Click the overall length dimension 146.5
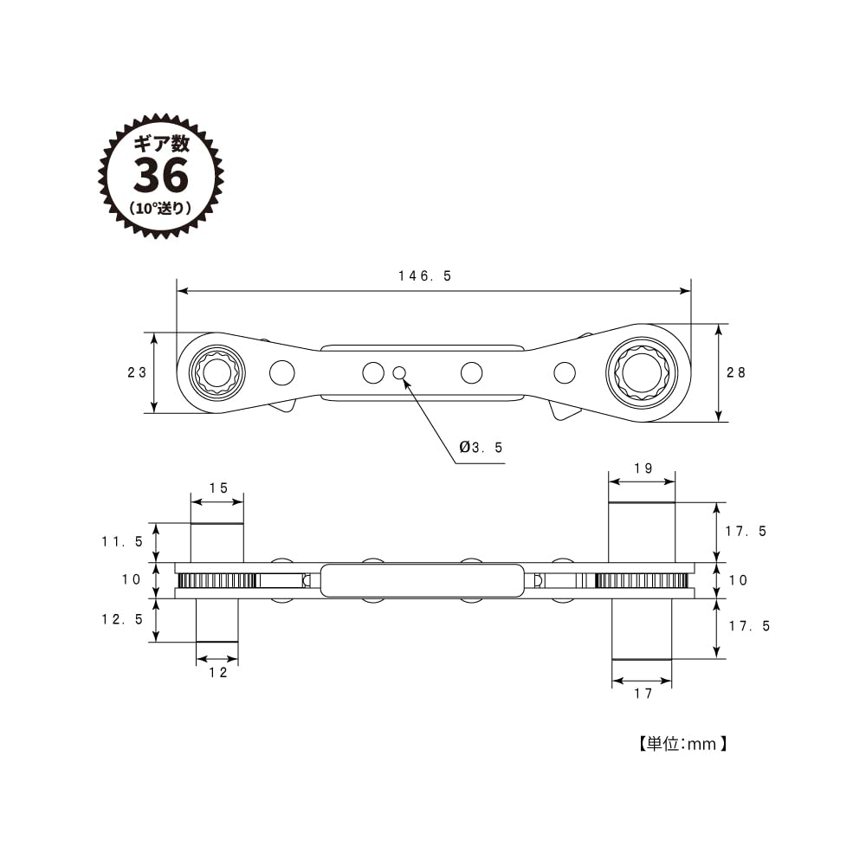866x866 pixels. (x=425, y=276)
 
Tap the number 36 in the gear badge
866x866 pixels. (x=160, y=176)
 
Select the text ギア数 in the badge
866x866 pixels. (x=160, y=144)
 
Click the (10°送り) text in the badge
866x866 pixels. (x=160, y=208)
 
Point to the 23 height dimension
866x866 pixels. (x=136, y=372)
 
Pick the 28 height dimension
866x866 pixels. (x=736, y=372)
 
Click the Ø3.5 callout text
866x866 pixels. (x=481, y=448)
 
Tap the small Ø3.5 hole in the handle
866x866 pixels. (x=399, y=372)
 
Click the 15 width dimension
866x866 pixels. (x=218, y=488)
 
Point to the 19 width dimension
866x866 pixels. (x=642, y=468)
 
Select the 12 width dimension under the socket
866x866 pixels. (x=217, y=672)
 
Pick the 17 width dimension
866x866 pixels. (x=642, y=693)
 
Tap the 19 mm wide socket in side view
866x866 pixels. (x=642, y=533)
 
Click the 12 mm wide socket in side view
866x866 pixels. (x=217, y=620)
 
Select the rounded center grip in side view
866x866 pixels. (x=423, y=580)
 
